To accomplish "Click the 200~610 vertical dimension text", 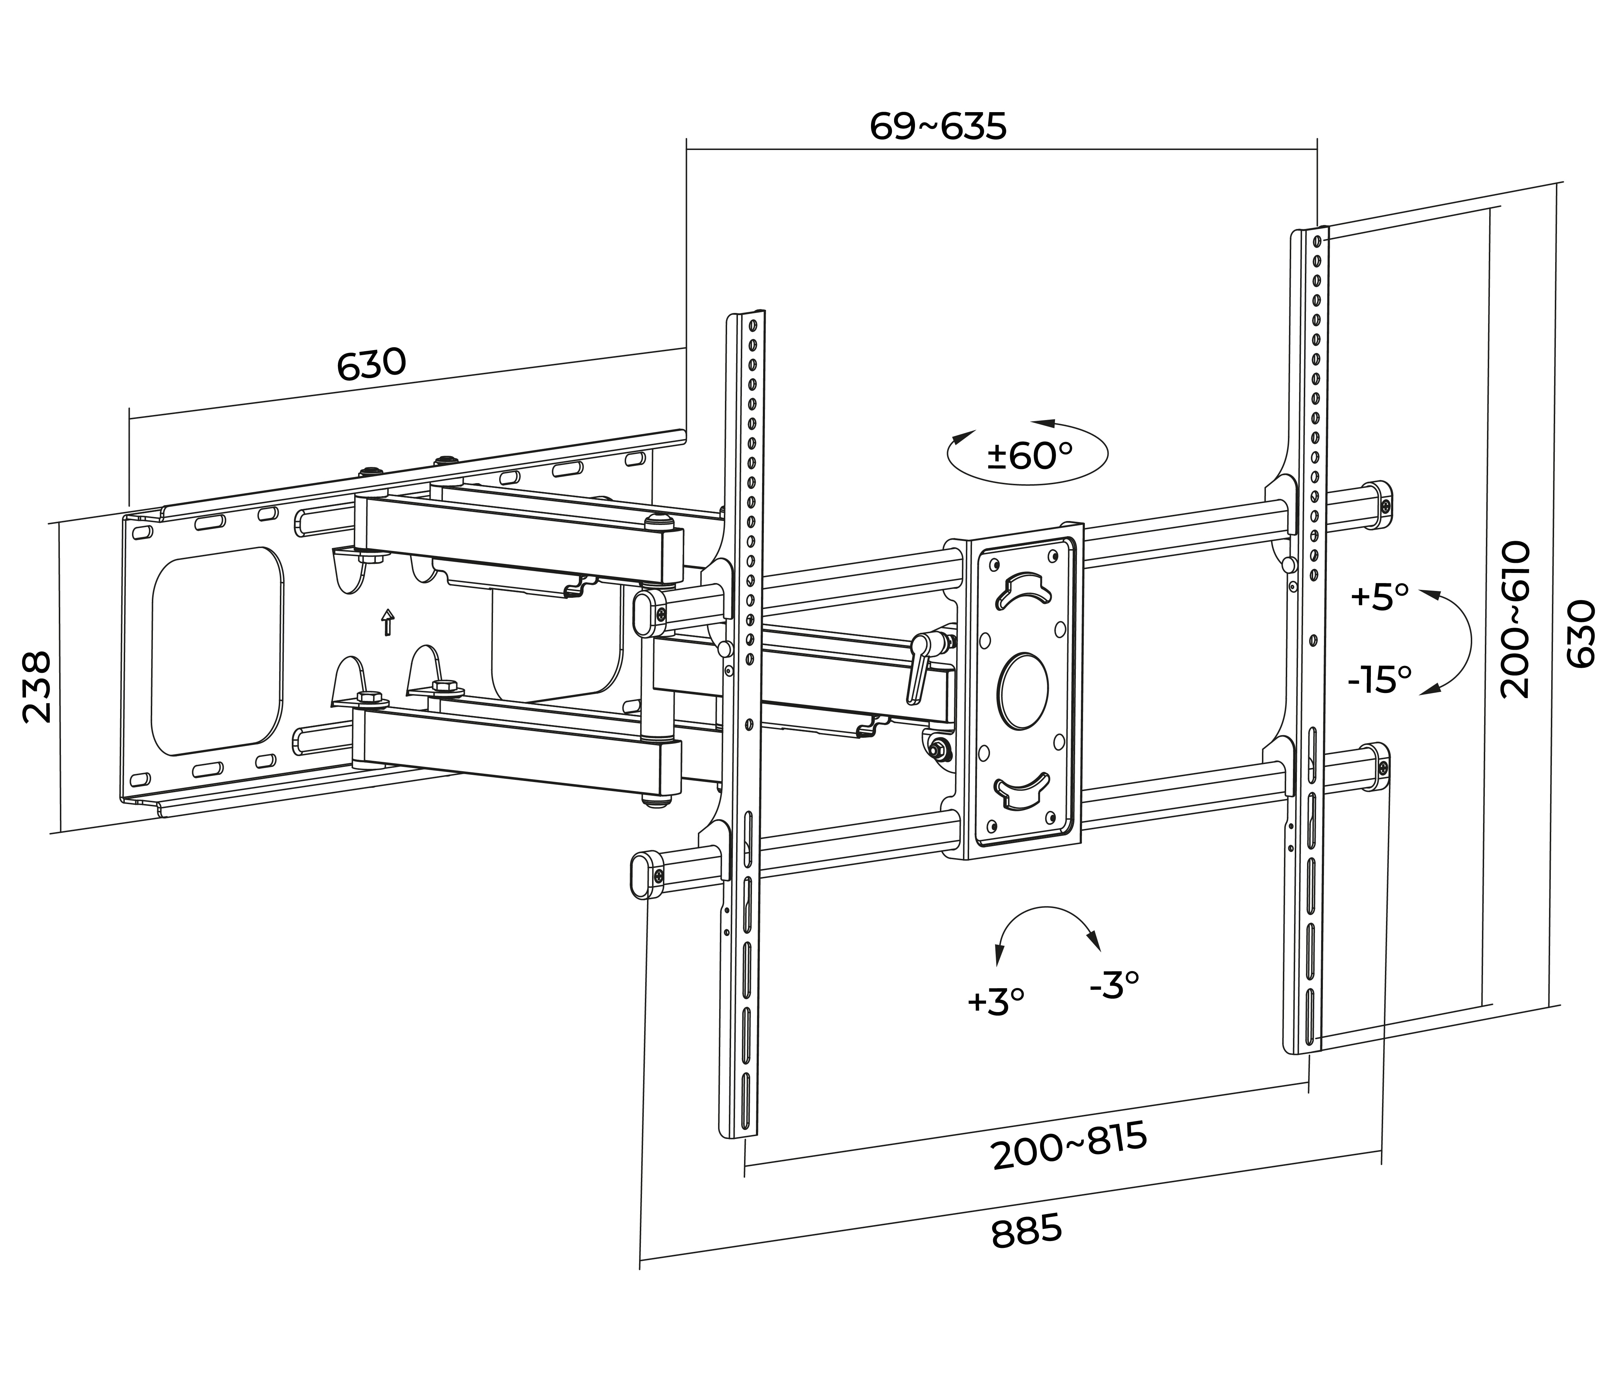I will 1515,619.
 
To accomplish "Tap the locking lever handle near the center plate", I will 915,670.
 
